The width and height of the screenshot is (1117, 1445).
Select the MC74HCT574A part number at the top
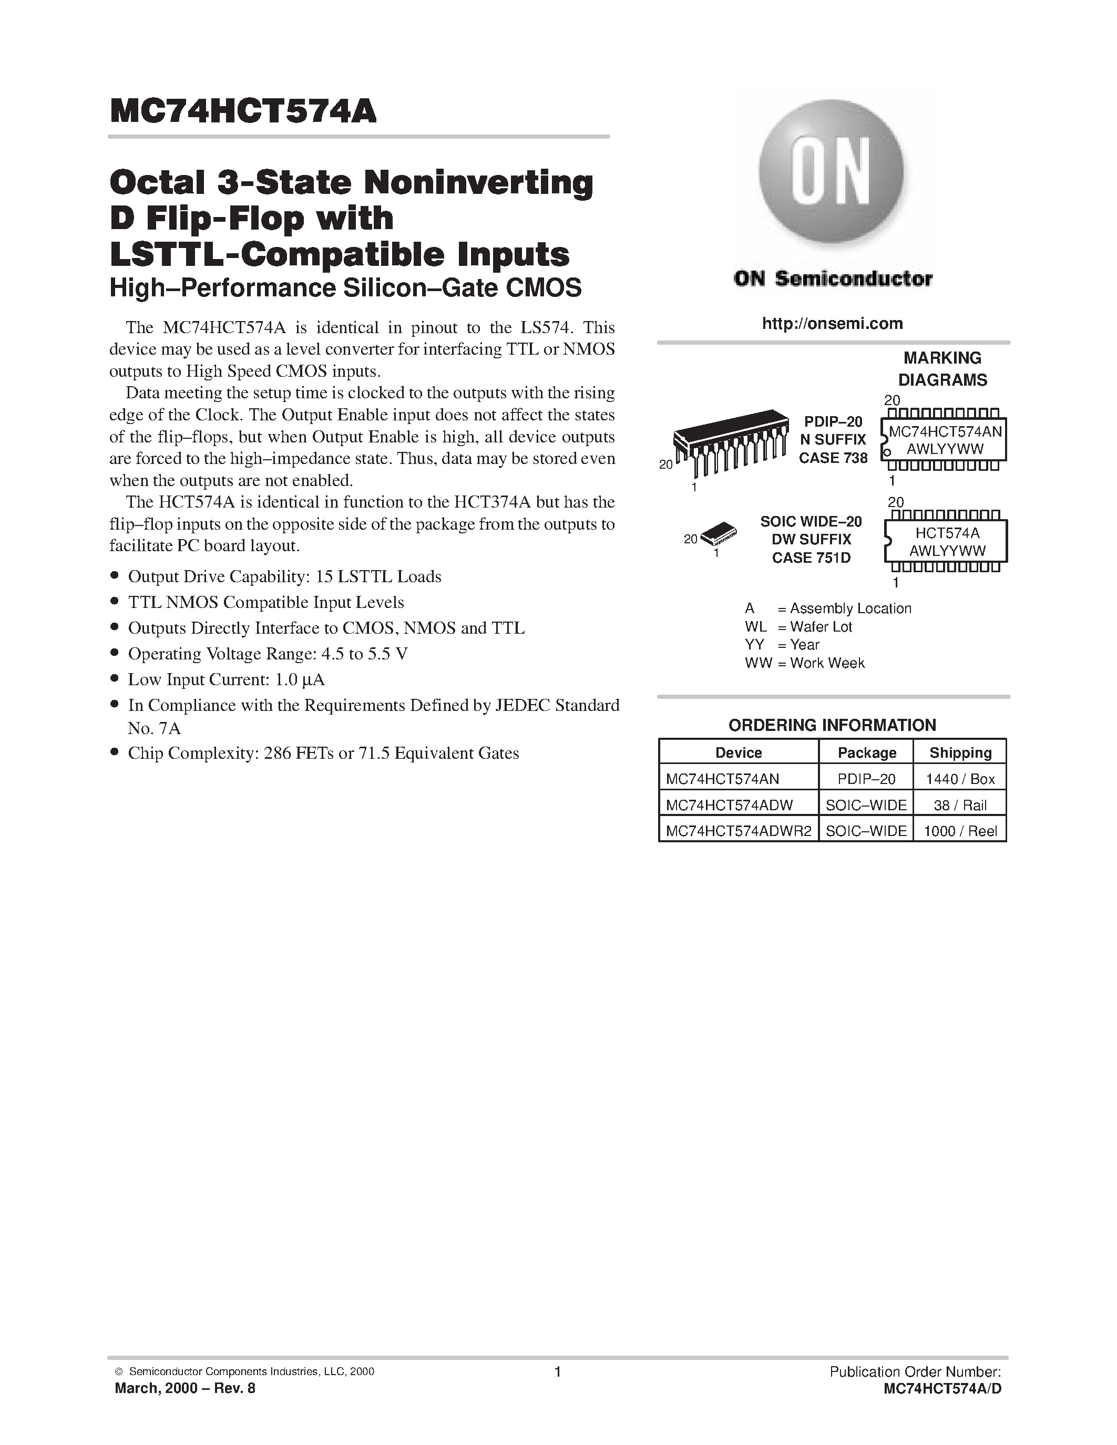coord(243,112)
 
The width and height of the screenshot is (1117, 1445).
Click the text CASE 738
coord(833,458)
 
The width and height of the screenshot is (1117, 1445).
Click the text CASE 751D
coord(811,558)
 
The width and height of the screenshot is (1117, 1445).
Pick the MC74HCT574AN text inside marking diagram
coord(946,431)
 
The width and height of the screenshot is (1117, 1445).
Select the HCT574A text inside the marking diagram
coord(947,533)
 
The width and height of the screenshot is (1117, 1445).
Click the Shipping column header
coord(960,752)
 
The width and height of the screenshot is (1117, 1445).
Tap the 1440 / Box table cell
coord(960,779)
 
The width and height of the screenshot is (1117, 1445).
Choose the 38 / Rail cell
coord(960,805)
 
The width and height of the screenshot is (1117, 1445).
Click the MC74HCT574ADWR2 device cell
coord(738,831)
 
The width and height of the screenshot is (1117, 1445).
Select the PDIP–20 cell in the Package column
coord(866,779)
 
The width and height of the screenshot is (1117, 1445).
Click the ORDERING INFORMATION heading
coord(832,725)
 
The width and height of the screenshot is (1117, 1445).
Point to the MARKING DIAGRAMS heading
coord(942,368)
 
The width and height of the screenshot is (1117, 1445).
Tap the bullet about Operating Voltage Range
coord(268,654)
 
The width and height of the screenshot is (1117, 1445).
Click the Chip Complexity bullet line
coord(323,753)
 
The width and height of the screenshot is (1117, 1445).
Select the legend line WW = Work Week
coord(805,663)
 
